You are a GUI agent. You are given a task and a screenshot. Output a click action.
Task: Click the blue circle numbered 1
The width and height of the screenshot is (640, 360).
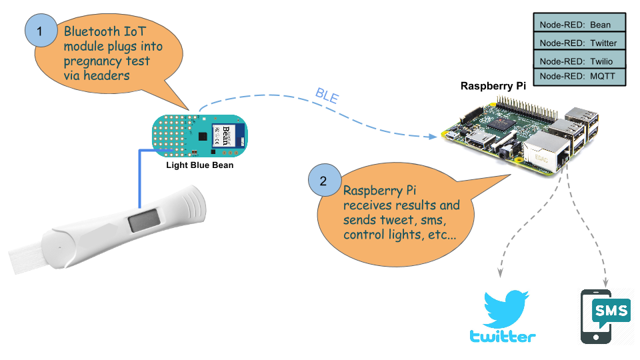coord(40,31)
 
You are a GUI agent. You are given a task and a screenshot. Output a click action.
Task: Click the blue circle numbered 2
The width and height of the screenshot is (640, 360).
coord(323,181)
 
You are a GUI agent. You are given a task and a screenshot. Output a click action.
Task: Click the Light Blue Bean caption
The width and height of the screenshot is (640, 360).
coord(200,165)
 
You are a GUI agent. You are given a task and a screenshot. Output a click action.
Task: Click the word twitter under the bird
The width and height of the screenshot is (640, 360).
coord(503,337)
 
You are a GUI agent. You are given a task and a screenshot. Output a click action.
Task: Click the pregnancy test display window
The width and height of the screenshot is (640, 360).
coord(144,220)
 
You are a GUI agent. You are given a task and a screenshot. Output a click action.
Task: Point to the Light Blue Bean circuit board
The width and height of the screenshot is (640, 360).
coord(199,134)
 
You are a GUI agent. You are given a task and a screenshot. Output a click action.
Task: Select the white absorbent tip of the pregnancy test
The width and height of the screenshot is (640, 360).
coord(26,255)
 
